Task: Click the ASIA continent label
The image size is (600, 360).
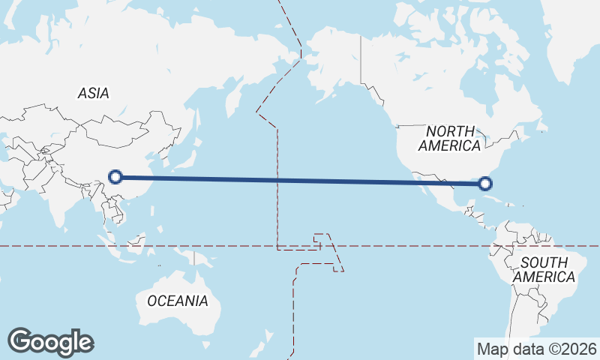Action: coord(94,94)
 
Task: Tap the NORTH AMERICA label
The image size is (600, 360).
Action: coord(449,139)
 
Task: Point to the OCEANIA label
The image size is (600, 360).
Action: coord(177,301)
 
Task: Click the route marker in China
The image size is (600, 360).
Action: coord(115,177)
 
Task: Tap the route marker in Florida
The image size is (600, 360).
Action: coord(485,183)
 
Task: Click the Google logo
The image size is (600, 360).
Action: coord(50,342)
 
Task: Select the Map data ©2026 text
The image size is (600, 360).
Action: coord(537,349)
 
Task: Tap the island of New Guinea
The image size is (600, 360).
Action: coord(196,259)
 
